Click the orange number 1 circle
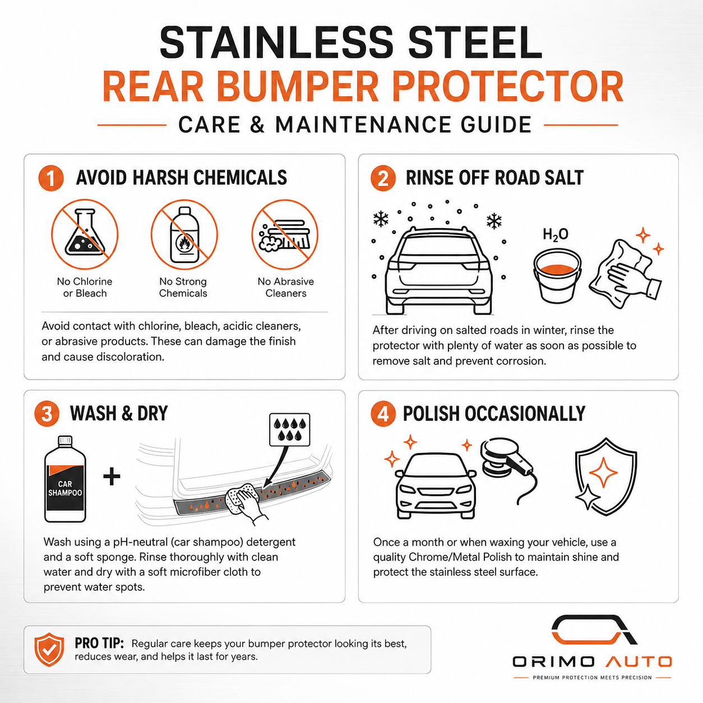[x=50, y=178]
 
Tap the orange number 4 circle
[x=383, y=414]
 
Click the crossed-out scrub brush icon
[x=285, y=234]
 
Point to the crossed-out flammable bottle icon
[x=184, y=234]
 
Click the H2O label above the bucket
[x=555, y=234]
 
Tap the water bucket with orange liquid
[x=557, y=275]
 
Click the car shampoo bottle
[x=65, y=479]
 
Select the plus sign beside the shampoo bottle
[x=112, y=477]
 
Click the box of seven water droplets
[x=290, y=429]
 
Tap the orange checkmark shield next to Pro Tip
[x=49, y=650]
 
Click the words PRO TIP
[x=99, y=643]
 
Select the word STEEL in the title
[x=475, y=43]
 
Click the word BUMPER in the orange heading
[x=297, y=86]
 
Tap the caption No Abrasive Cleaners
[x=286, y=287]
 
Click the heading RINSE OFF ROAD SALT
[x=494, y=178]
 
